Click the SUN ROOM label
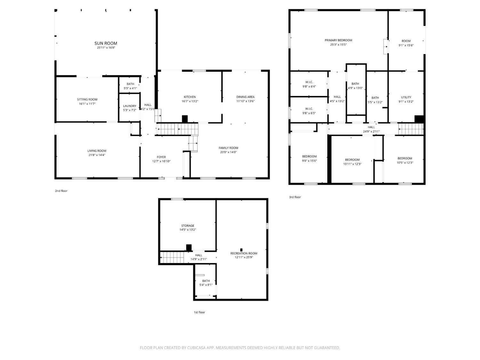106,43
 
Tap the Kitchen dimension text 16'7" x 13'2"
189,101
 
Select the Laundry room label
130,106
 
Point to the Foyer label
161,157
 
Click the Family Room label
228,148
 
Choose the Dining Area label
245,97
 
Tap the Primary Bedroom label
338,40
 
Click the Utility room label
406,97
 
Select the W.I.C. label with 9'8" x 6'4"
309,82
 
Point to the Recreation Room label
244,253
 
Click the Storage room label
188,226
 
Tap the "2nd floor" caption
61,191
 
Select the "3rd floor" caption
295,197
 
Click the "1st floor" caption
199,312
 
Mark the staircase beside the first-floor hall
172,258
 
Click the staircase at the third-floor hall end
411,129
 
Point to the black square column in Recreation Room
241,250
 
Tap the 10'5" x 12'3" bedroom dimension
404,163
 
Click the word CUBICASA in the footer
196,348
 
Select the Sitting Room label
87,100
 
